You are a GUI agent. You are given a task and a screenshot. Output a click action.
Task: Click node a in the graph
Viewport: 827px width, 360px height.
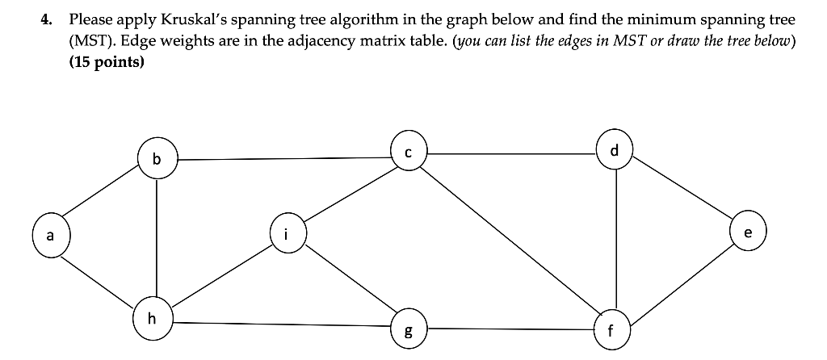coord(50,236)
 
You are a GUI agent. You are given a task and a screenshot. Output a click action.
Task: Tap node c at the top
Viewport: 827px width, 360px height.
coord(409,151)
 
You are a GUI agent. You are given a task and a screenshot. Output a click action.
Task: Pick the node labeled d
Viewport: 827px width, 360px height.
coord(615,151)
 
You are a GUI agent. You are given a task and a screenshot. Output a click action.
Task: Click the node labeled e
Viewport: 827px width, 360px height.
coord(747,234)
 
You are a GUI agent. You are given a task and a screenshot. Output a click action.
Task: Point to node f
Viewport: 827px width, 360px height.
coord(611,329)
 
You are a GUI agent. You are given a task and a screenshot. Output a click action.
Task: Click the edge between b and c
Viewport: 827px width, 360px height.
coord(283,158)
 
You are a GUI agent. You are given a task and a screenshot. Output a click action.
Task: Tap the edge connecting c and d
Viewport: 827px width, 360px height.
coord(512,151)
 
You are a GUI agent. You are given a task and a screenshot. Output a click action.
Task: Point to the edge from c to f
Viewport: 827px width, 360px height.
coord(509,240)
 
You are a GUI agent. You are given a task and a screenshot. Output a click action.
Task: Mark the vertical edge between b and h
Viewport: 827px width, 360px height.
coord(157,238)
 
